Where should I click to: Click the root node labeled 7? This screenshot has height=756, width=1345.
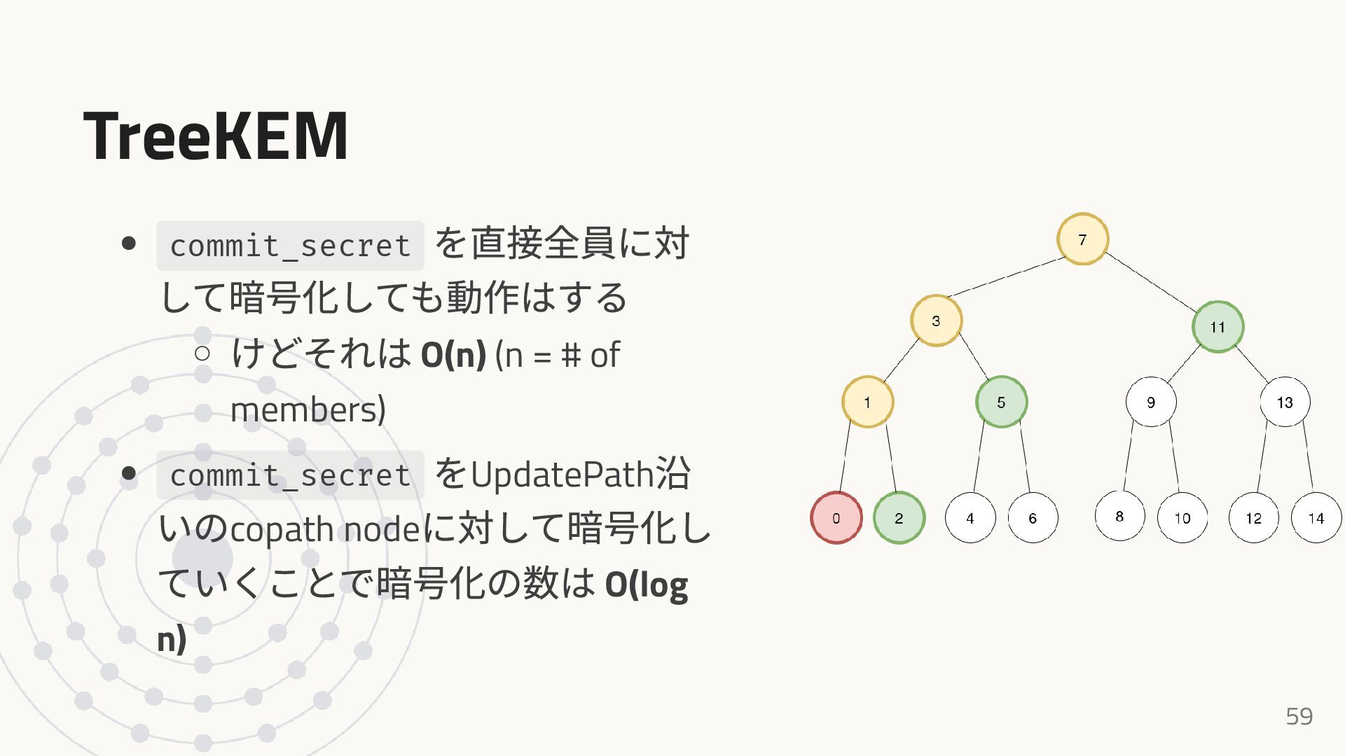click(1082, 239)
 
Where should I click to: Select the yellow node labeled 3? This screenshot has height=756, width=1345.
click(936, 321)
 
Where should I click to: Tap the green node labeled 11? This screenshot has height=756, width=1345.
click(1218, 327)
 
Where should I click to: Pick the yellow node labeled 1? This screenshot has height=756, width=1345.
click(867, 402)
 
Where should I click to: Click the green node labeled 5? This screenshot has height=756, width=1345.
click(1001, 402)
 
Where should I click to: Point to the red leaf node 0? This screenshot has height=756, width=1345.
click(836, 518)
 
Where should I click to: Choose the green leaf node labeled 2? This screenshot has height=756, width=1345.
click(899, 518)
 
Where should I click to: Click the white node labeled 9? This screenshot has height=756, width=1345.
click(1151, 402)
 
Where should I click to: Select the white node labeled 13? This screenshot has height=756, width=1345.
click(1285, 402)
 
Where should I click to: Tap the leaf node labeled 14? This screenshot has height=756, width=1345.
click(1316, 518)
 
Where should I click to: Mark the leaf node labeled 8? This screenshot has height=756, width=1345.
click(1119, 517)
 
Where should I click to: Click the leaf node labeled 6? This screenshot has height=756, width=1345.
click(1033, 518)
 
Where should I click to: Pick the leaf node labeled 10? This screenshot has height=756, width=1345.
click(1182, 518)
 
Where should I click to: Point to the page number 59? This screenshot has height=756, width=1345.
click(1299, 716)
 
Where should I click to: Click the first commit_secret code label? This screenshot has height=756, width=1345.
click(290, 246)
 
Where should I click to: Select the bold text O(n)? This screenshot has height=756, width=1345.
click(453, 355)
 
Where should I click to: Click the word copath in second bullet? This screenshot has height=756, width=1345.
click(282, 529)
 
